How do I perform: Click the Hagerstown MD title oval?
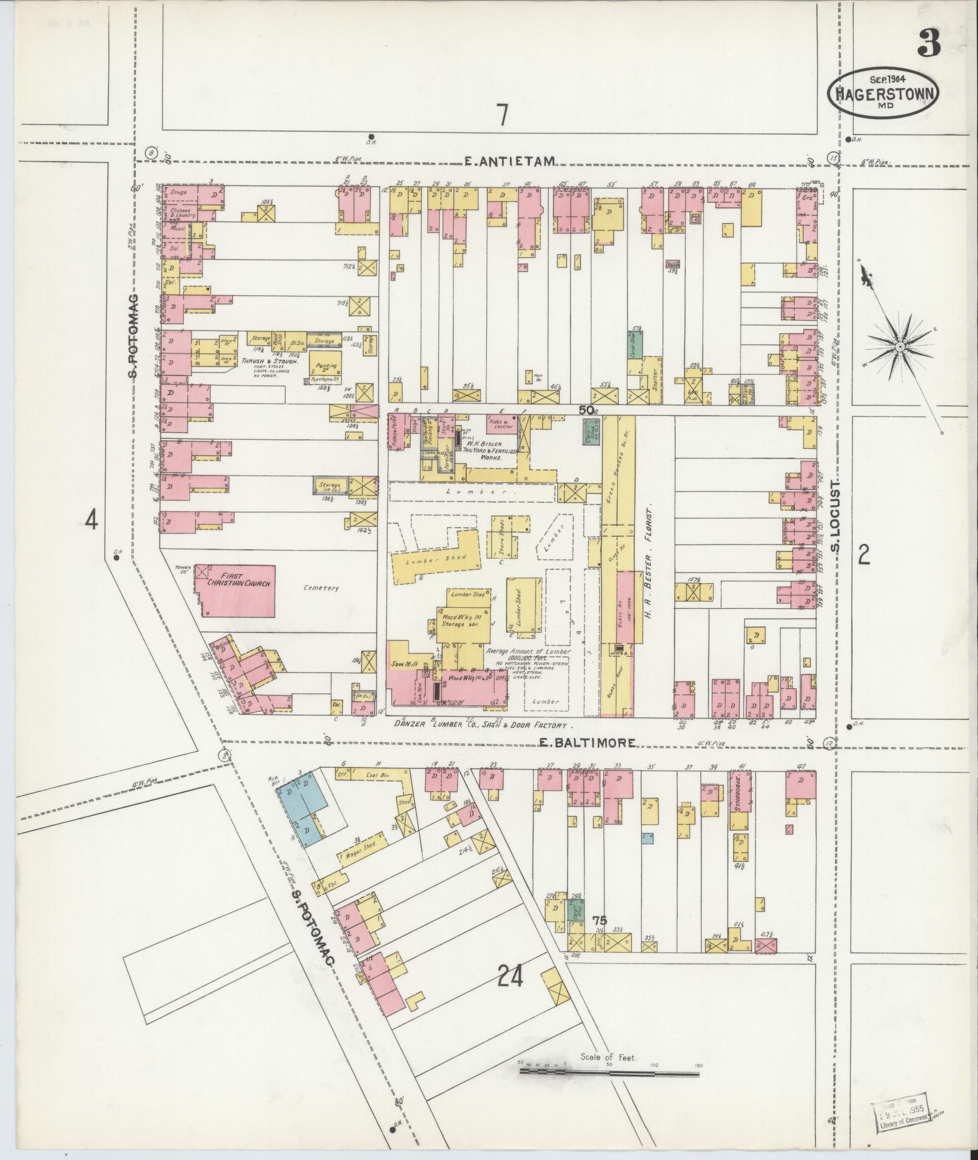(883, 93)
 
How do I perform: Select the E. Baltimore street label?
(588, 742)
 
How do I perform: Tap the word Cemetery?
(322, 588)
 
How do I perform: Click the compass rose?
(900, 346)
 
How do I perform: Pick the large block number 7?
(501, 115)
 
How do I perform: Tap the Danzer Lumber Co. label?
(482, 725)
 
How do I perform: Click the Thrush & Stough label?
(270, 361)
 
